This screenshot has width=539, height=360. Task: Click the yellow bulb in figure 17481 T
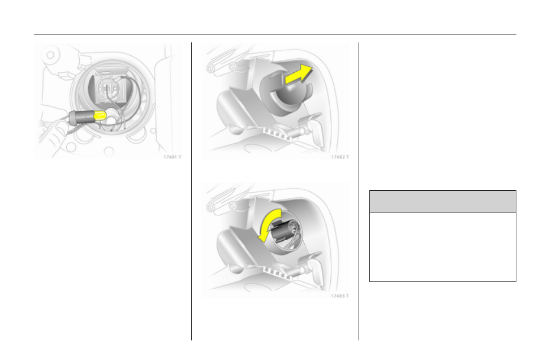[x=100, y=116]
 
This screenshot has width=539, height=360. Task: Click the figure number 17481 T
[x=172, y=157]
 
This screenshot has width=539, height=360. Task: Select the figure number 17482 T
[x=340, y=157]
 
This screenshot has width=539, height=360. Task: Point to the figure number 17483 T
[x=340, y=296]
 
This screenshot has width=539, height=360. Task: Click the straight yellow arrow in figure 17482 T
[x=299, y=75]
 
